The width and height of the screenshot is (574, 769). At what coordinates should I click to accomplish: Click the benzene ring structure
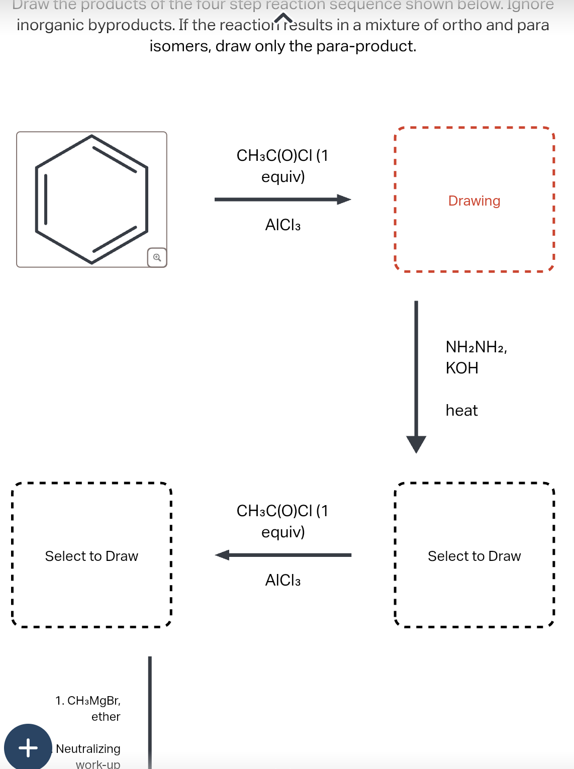91,200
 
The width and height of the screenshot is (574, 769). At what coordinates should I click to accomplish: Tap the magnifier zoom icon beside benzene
157,257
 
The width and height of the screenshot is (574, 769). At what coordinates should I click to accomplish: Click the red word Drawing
474,201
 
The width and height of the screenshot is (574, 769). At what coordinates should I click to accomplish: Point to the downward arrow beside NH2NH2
416,377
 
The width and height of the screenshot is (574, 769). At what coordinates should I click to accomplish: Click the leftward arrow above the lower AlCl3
282,555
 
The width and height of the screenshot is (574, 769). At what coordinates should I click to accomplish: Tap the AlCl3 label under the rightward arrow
282,225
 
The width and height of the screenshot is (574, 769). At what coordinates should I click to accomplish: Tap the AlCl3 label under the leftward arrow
282,581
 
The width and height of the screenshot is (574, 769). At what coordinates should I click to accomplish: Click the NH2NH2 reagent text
475,347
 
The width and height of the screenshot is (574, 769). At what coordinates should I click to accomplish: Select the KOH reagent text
461,368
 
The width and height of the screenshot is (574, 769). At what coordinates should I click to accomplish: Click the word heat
461,411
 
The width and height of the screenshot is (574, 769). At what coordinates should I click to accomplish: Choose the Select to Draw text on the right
474,556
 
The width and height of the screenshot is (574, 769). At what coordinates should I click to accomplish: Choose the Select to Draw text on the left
91,556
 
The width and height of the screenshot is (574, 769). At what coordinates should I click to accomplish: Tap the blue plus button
28,747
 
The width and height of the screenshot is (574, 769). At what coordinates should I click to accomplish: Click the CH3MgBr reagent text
93,701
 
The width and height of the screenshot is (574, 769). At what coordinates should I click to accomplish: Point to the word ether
106,717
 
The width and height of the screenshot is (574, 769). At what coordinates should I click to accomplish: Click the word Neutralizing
88,749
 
